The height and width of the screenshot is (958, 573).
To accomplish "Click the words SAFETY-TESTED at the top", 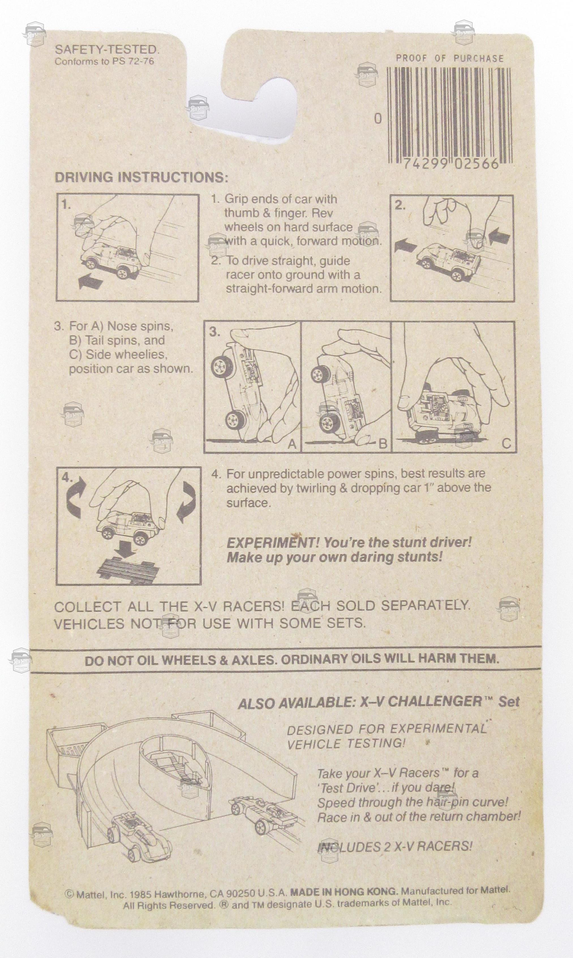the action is pos(107,49).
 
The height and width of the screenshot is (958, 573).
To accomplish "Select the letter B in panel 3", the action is pos(383,444).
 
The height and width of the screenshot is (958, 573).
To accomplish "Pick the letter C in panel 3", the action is pos(507,444).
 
